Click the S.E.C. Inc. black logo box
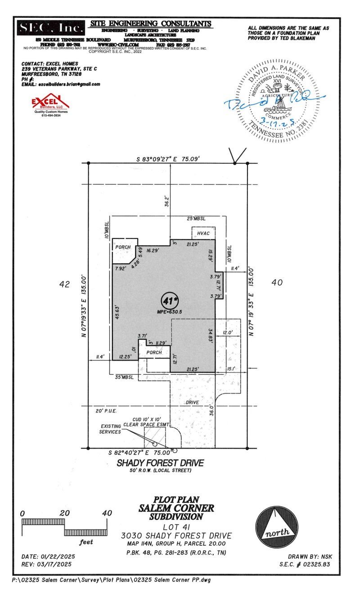tap(51, 28)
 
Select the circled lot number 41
tap(169, 300)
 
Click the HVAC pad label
tap(203, 234)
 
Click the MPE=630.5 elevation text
tap(169, 311)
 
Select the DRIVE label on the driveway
tap(194, 402)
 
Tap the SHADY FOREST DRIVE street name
tap(160, 463)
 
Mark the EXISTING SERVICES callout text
tap(110, 429)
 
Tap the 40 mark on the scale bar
tap(107, 513)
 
